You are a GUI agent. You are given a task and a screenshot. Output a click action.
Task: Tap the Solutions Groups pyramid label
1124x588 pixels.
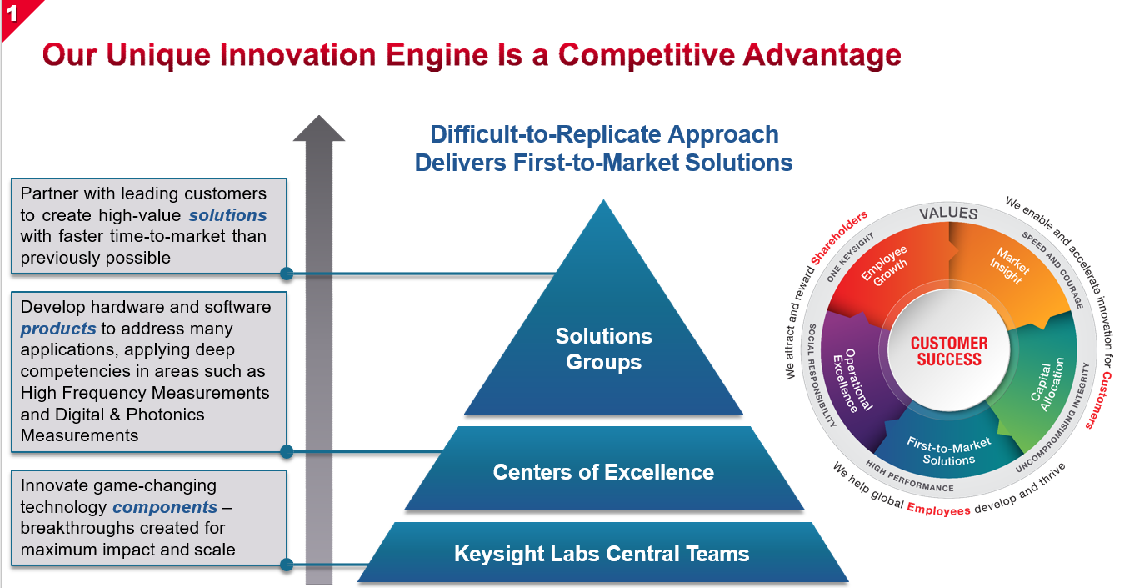click(x=603, y=349)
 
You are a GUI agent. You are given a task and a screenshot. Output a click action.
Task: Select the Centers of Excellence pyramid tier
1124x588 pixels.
click(x=603, y=472)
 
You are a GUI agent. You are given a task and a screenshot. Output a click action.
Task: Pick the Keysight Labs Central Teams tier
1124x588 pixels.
click(x=602, y=554)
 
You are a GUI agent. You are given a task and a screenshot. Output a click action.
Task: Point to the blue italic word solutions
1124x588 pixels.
click(x=227, y=215)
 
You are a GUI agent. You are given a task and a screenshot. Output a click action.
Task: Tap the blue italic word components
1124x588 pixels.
click(x=165, y=507)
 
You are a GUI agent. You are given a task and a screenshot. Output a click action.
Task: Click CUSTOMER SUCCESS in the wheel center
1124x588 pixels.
click(x=949, y=351)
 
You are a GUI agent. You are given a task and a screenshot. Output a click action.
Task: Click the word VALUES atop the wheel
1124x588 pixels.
click(x=948, y=214)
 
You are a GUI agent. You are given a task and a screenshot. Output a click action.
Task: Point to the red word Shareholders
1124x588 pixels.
click(x=839, y=239)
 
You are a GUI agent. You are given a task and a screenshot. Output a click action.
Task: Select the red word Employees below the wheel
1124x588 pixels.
click(x=938, y=508)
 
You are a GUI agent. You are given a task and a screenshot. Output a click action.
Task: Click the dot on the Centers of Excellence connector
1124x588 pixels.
click(x=287, y=451)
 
